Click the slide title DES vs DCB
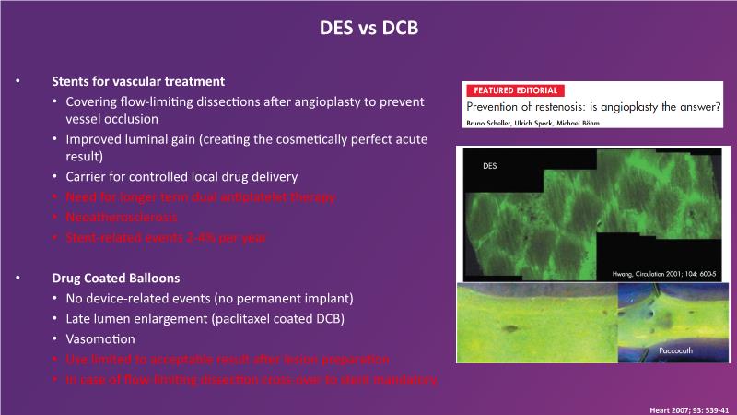[369, 28]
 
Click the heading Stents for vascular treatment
[138, 81]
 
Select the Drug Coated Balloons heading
[116, 279]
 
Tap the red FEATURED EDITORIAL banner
[515, 90]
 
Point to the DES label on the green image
[490, 166]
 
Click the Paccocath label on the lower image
[675, 350]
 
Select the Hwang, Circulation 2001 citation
[664, 274]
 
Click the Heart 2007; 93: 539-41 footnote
[689, 410]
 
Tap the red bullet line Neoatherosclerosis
[122, 218]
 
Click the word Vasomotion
[100, 339]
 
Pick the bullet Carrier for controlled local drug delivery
[181, 177]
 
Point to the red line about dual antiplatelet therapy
[201, 197]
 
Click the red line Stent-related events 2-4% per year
[166, 238]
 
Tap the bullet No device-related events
[210, 299]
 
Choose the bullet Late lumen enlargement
[205, 319]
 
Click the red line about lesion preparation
[228, 360]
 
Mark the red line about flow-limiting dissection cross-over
[252, 380]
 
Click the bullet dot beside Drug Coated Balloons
[18, 278]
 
